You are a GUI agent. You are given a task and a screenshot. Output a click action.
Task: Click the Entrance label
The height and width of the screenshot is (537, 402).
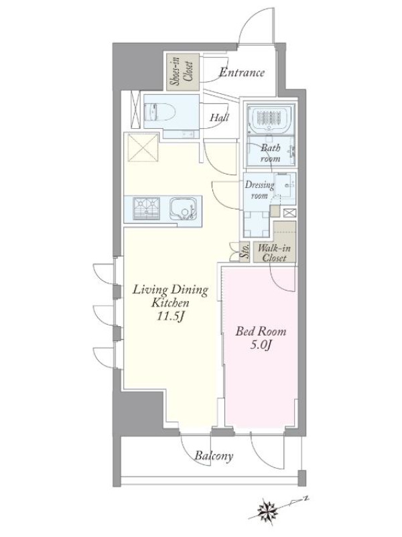pos(242,72)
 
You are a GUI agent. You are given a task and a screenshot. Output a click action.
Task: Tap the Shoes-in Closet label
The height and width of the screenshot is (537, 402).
pos(182,72)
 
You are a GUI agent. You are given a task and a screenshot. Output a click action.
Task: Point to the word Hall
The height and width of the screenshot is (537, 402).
pos(219,117)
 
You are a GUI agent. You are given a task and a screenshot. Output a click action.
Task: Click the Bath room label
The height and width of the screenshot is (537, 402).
pos(271,153)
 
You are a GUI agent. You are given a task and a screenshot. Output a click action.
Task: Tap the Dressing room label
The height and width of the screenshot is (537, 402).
pos(259,190)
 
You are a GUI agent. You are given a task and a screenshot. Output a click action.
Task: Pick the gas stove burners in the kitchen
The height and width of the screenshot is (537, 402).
pos(146,209)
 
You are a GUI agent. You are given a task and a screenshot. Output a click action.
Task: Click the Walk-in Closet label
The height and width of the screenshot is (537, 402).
pos(275,252)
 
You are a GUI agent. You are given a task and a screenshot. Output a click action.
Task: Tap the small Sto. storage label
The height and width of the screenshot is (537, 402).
pos(245,252)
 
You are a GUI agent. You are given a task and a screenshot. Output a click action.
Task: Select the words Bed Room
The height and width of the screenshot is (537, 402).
pos(261,332)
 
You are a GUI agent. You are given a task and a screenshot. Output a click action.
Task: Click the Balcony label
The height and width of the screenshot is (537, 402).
pos(214,456)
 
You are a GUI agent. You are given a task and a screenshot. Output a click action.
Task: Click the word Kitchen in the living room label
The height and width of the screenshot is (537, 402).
pos(170,303)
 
